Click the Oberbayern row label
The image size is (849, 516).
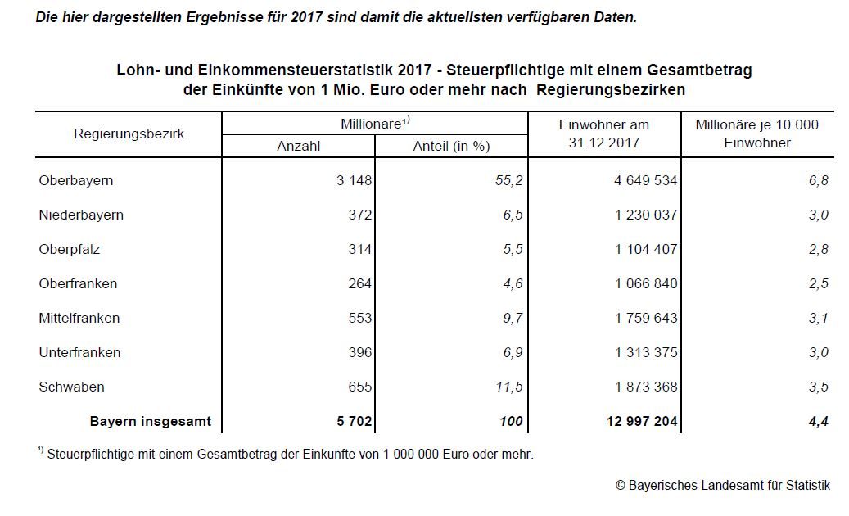tap(76, 180)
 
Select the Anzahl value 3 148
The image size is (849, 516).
tap(354, 180)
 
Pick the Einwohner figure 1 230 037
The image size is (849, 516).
tap(646, 215)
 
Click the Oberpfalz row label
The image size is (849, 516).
tap(70, 249)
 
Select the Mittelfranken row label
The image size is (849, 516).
tap(79, 318)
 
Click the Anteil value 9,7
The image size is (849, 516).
tap(511, 318)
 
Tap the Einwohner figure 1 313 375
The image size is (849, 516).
tap(646, 352)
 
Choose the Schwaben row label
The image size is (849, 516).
tap(71, 387)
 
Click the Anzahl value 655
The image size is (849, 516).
tap(359, 387)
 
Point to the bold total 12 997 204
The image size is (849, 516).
tap(642, 421)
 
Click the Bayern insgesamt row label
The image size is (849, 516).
tap(150, 421)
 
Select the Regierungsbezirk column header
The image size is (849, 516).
tap(129, 134)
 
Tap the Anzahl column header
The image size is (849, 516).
tap(299, 146)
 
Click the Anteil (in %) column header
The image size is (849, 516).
tap(451, 146)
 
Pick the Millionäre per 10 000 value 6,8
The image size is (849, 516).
tap(819, 180)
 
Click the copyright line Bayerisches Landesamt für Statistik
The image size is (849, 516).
tap(723, 485)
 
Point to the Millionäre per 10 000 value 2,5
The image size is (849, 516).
tap(819, 283)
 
